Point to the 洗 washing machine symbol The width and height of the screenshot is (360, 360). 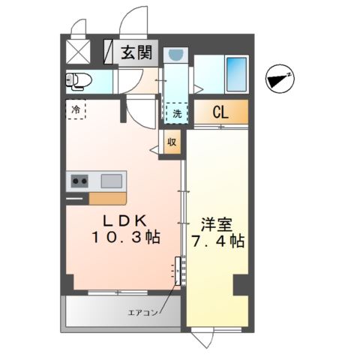[x=177, y=113]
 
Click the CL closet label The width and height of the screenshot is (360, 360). [x=220, y=112]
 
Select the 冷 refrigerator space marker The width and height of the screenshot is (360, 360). [x=76, y=109]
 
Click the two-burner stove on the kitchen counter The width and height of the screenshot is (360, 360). [x=79, y=181]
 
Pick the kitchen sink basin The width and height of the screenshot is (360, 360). [x=111, y=181]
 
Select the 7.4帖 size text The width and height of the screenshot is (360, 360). [x=217, y=241]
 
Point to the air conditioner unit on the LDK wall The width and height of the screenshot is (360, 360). [x=178, y=271]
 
